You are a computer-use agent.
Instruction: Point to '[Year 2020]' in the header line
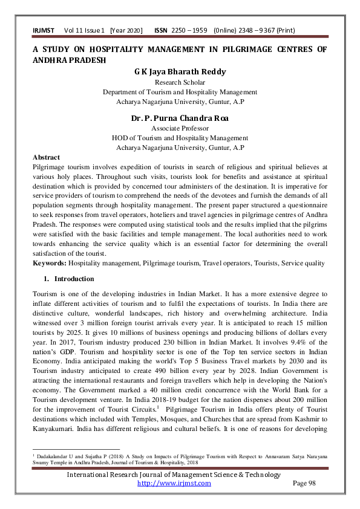125,30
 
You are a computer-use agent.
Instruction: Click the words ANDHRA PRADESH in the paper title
69,60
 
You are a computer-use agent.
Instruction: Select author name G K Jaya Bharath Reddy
180,72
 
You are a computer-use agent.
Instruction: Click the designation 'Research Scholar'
180,82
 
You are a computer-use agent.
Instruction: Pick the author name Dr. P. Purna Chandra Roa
180,118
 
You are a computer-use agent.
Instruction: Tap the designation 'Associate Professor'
180,128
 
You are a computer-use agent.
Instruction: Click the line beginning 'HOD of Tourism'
180,138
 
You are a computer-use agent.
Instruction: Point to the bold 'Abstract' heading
46,157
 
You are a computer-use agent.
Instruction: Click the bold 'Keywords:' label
49,264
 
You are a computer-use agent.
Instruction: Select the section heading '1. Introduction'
68,279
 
